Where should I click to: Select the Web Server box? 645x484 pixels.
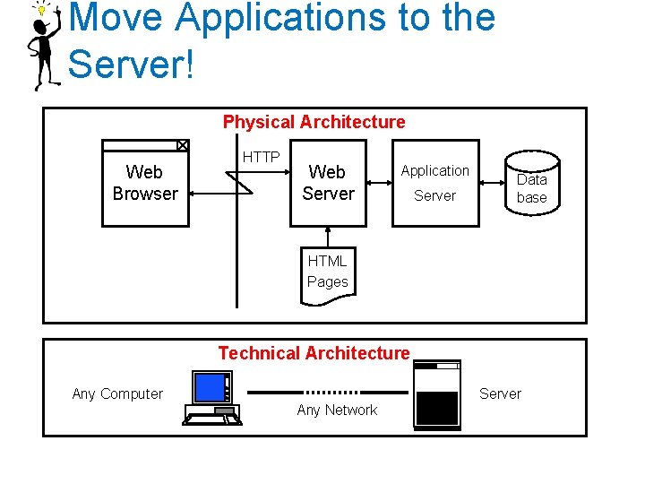pos(328,183)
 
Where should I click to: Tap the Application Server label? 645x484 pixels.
pos(434,183)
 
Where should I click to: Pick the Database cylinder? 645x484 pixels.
pos(531,184)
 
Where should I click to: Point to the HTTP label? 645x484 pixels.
pos(262,157)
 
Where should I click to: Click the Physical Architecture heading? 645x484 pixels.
pos(314,122)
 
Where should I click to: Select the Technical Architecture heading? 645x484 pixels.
pos(314,353)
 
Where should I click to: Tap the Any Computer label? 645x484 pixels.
pos(117,393)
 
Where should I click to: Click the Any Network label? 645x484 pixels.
pos(337,411)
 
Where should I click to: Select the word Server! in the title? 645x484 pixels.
pos(131,64)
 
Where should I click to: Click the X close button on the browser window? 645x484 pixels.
pos(182,145)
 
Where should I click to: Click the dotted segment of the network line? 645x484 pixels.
pos(332,392)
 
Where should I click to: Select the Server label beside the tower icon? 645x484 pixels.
pos(500,393)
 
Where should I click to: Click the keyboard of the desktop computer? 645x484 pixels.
pos(212,417)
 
